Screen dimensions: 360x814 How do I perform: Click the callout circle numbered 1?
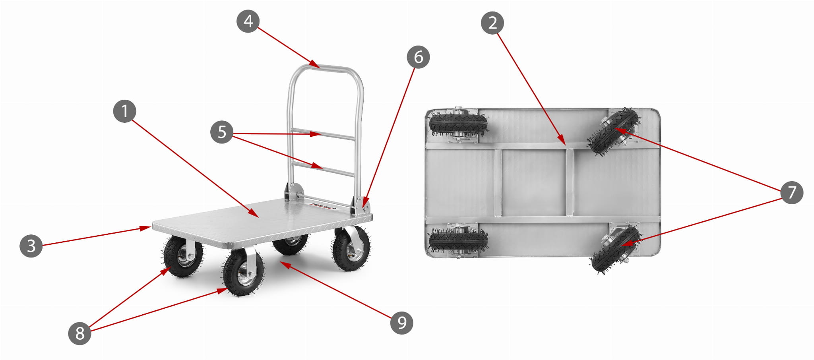pos(124,111)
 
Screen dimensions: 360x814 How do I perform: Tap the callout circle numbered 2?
pos(492,23)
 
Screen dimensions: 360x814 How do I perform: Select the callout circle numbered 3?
pos(31,246)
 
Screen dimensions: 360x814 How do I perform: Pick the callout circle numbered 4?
pos(248,21)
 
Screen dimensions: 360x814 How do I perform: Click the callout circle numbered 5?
pos(222,132)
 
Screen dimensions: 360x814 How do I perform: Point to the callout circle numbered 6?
pos(418,57)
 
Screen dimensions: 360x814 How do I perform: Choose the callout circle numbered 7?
pos(791,192)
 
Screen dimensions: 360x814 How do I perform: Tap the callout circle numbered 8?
pos(79,333)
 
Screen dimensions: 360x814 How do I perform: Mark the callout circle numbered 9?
pos(401,322)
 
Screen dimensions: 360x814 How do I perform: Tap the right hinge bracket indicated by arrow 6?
pos(360,205)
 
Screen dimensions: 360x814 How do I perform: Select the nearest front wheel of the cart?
pos(243,272)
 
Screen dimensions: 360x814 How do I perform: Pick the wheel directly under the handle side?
pos(351,249)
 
